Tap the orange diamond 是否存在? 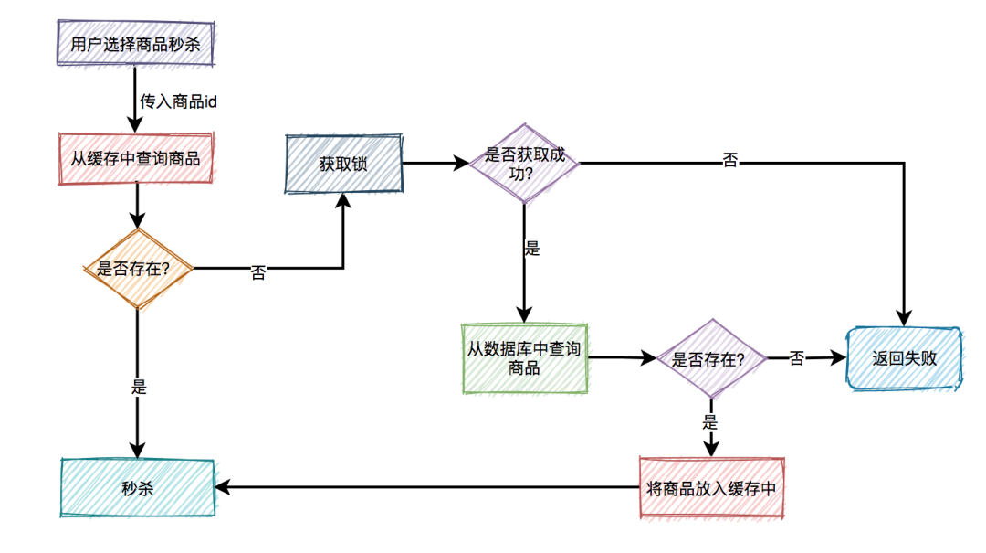pos(137,269)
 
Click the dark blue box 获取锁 pos(343,165)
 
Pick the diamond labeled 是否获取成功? pos(524,164)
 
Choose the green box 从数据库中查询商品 pos(524,358)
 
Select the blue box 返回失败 pos(904,359)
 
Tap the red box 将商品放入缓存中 pos(711,488)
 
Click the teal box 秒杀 pos(137,488)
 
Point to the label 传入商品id pos(178,101)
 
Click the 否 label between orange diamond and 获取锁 pos(258,272)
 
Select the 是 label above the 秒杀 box pos(139,387)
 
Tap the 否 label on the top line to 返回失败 pos(730,161)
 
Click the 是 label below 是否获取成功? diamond pos(532,249)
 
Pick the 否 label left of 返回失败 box pos(797,359)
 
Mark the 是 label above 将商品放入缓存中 pos(709,422)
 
